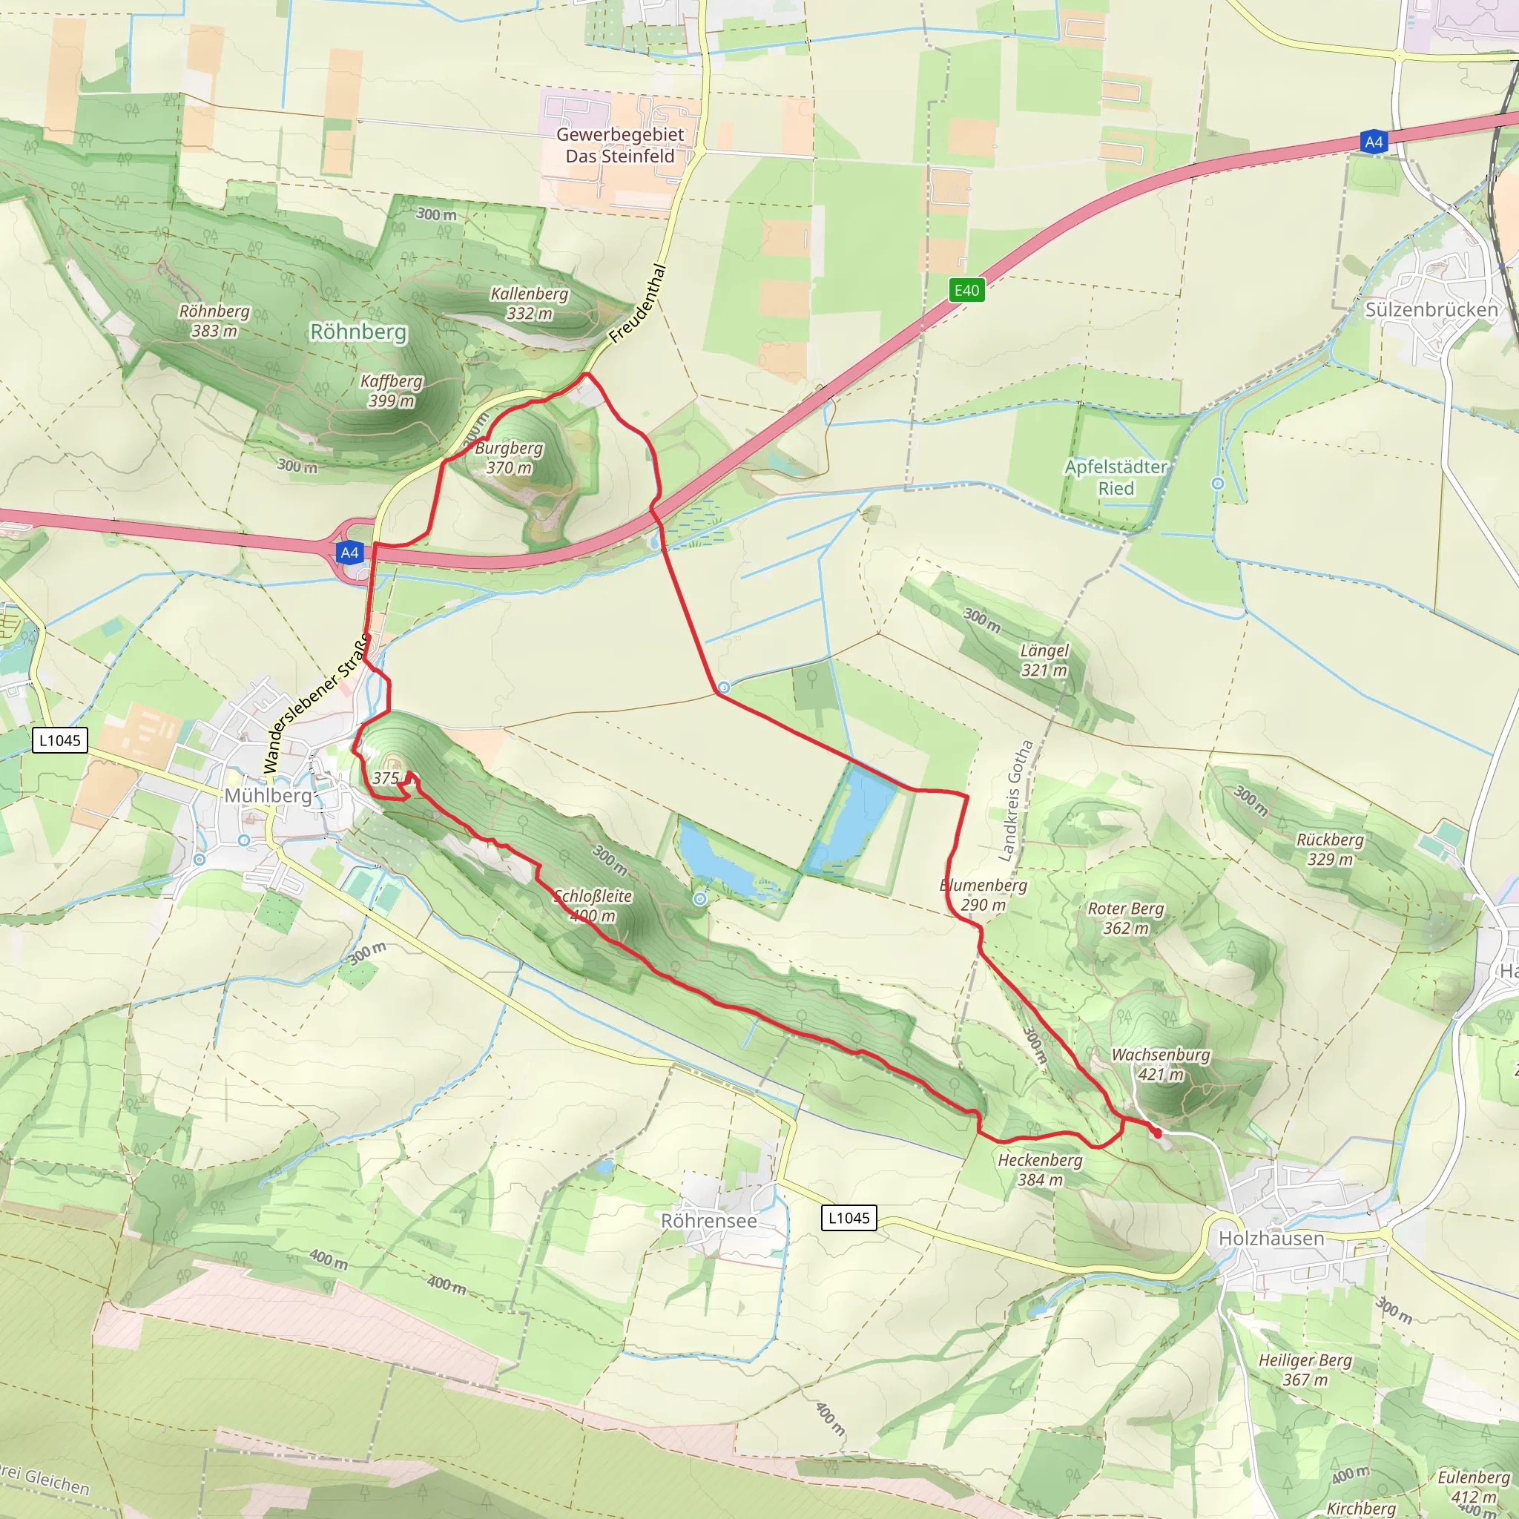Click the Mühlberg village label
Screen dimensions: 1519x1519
pos(267,796)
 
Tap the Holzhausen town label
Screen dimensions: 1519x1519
pos(1271,1239)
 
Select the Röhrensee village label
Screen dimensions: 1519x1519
pos(708,1221)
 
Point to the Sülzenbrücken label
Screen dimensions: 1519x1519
pos(1431,310)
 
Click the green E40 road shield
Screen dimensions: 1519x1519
pos(966,290)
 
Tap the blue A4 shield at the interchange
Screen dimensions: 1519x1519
pos(350,553)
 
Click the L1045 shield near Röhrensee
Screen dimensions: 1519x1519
pos(849,1218)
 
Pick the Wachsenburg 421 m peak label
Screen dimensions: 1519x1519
pos(1161,1064)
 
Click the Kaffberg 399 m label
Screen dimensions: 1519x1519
pos(392,391)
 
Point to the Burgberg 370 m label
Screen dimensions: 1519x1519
pos(509,458)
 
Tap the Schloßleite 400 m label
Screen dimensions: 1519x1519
pos(593,906)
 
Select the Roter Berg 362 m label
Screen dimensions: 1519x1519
pos(1125,917)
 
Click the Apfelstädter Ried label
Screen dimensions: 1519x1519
pos(1116,477)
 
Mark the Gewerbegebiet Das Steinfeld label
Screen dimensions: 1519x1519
pos(619,145)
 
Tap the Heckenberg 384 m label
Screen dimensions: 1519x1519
pos(1039,1169)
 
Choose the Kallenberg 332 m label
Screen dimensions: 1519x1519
pos(529,303)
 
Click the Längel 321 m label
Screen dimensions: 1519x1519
pos(1044,659)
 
